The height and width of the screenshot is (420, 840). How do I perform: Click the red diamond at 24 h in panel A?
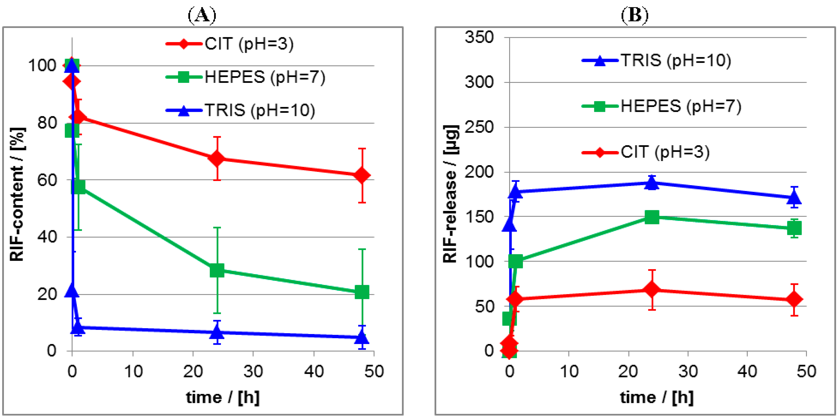click(217, 159)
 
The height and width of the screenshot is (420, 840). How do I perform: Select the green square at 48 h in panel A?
click(362, 292)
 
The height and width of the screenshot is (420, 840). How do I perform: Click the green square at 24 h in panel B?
click(652, 217)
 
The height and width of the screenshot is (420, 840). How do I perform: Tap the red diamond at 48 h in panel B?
click(794, 299)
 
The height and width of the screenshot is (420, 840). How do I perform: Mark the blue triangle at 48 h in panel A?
click(362, 337)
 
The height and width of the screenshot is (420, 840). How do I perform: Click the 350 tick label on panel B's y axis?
click(479, 37)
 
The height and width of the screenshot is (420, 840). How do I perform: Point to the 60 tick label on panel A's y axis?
click(47, 180)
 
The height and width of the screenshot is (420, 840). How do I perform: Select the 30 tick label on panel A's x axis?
click(253, 371)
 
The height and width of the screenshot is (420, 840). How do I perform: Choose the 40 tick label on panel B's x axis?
click(747, 371)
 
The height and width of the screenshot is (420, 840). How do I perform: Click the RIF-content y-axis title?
click(17, 194)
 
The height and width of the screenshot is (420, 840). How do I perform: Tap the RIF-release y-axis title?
click(451, 194)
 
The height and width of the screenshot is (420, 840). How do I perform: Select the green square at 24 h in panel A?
click(217, 270)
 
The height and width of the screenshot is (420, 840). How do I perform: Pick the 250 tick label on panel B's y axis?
click(479, 127)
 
